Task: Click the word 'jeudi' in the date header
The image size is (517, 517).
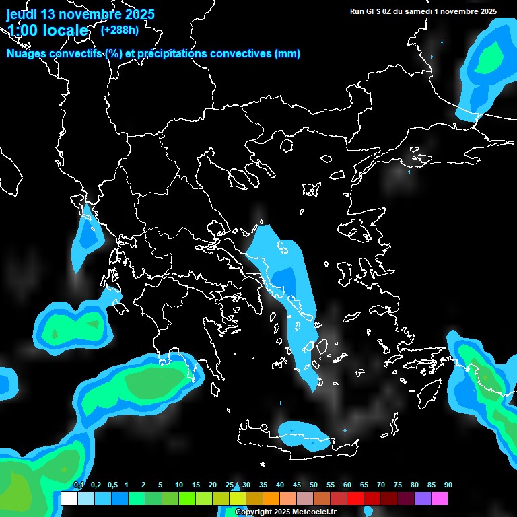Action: click(x=22, y=14)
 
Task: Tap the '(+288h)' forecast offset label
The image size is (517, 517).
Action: click(x=119, y=30)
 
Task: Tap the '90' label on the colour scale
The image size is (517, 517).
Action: click(x=448, y=485)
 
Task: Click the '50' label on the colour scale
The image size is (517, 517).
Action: click(x=314, y=485)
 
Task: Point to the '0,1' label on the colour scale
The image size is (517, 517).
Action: click(x=79, y=485)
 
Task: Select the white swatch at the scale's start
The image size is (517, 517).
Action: click(x=69, y=498)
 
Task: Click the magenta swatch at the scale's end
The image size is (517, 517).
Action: click(x=439, y=498)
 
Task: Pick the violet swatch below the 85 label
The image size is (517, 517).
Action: click(x=422, y=498)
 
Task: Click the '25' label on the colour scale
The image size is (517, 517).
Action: click(x=230, y=485)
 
